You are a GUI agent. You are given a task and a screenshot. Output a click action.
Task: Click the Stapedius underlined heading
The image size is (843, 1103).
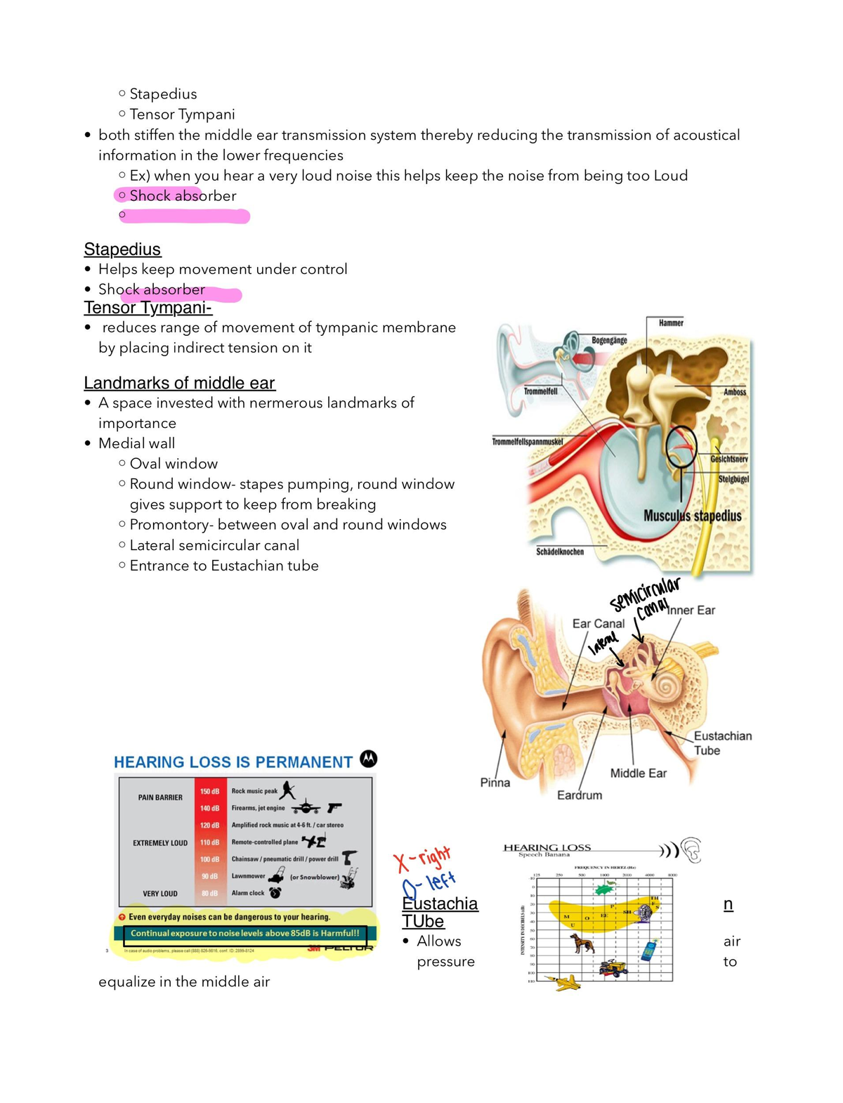click(x=122, y=249)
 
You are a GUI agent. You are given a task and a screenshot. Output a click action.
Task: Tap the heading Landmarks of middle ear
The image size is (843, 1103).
click(x=179, y=383)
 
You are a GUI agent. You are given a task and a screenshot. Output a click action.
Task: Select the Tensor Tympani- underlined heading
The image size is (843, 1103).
click(x=148, y=308)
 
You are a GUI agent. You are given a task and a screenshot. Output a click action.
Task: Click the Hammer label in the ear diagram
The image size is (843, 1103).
click(x=671, y=323)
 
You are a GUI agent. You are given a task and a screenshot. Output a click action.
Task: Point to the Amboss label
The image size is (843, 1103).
click(x=735, y=392)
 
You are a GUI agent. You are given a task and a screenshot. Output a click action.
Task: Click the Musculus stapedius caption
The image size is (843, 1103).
click(x=692, y=516)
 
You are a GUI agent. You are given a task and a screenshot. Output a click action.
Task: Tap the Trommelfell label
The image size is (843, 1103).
click(x=541, y=391)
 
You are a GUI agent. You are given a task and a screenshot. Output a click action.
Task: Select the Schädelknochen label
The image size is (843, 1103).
click(x=560, y=551)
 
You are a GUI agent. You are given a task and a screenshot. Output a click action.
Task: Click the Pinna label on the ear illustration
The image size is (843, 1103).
click(x=495, y=782)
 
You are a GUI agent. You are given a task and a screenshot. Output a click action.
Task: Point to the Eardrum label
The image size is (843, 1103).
click(x=580, y=795)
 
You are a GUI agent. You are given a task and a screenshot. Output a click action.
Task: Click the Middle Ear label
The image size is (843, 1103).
click(x=638, y=773)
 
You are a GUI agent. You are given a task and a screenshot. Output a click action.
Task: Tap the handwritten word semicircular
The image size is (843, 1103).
click(x=644, y=594)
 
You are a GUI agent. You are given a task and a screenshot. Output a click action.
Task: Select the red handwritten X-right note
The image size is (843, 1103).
click(x=421, y=858)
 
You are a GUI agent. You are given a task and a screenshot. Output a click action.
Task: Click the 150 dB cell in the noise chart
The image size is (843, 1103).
click(x=209, y=791)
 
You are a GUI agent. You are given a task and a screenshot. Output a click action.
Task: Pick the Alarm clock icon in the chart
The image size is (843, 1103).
click(x=275, y=892)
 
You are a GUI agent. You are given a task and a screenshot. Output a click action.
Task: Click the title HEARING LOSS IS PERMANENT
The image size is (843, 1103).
click(x=233, y=762)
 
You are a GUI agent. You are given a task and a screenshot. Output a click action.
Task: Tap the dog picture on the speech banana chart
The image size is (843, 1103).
click(x=582, y=943)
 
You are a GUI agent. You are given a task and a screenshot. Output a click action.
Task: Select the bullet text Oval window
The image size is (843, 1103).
click(x=174, y=464)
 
